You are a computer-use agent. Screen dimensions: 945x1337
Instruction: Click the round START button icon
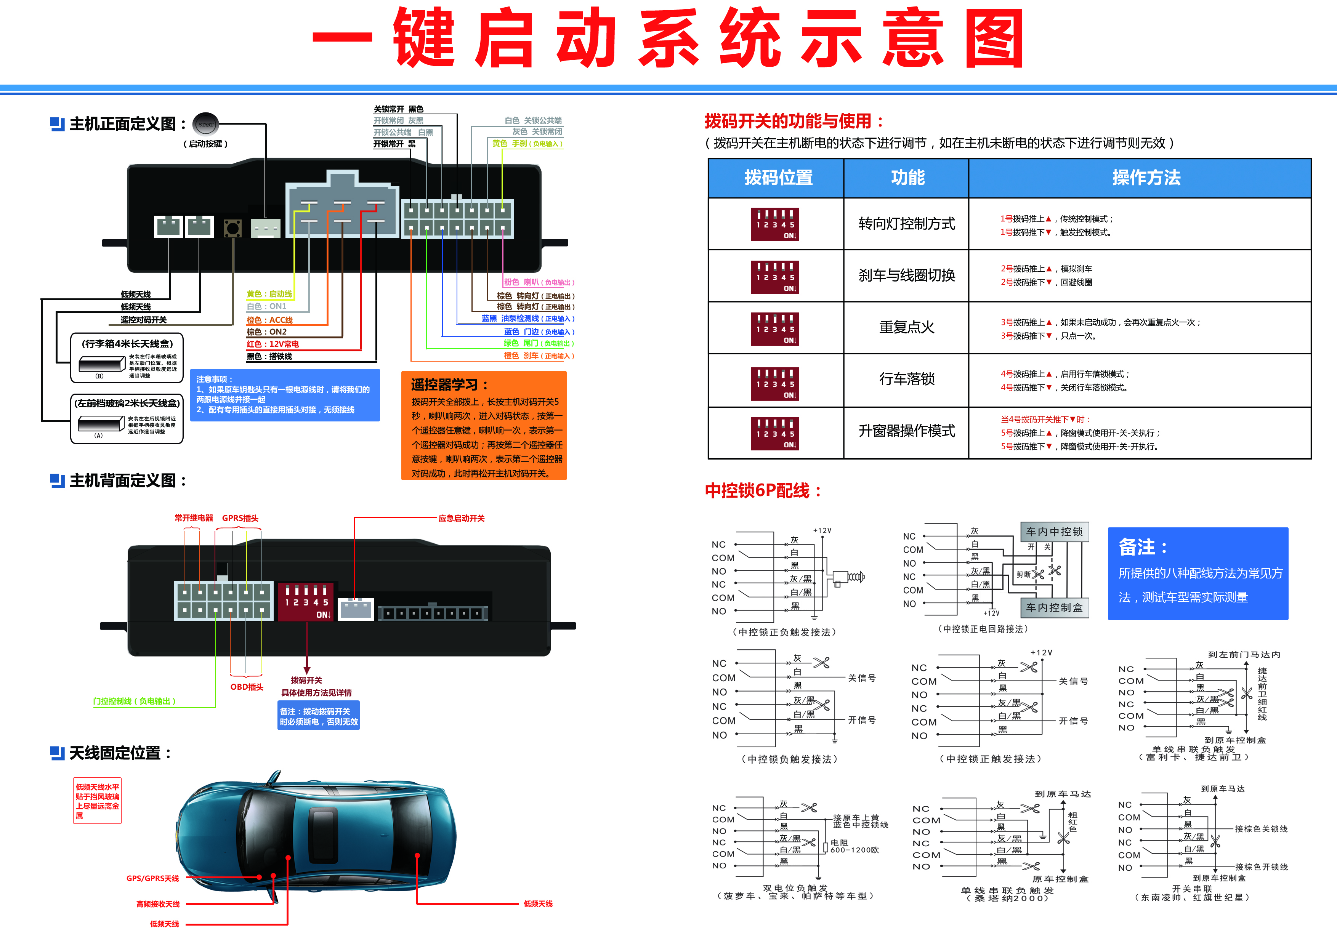pyautogui.click(x=205, y=124)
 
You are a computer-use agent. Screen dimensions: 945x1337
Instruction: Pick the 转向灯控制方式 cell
pyautogui.click(x=907, y=224)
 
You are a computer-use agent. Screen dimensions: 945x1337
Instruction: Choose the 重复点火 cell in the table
pyautogui.click(x=907, y=328)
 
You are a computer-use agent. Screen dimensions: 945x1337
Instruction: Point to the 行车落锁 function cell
pyautogui.click(x=907, y=380)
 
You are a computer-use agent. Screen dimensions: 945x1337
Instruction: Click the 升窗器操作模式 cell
pyautogui.click(x=907, y=431)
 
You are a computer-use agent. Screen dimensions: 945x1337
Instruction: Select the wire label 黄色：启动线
pyautogui.click(x=269, y=294)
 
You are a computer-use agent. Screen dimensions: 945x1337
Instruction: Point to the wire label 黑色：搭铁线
pyautogui.click(x=269, y=356)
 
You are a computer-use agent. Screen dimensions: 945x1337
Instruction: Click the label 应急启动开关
pyautogui.click(x=461, y=518)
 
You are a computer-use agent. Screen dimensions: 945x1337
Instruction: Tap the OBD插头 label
pyautogui.click(x=247, y=687)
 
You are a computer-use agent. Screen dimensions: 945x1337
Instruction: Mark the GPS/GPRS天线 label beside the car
pyautogui.click(x=152, y=879)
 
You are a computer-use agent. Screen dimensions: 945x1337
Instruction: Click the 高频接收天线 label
pyautogui.click(x=158, y=904)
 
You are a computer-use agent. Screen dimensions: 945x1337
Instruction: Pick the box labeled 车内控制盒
pyautogui.click(x=1054, y=608)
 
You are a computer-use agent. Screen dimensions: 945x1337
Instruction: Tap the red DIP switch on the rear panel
pyautogui.click(x=306, y=601)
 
